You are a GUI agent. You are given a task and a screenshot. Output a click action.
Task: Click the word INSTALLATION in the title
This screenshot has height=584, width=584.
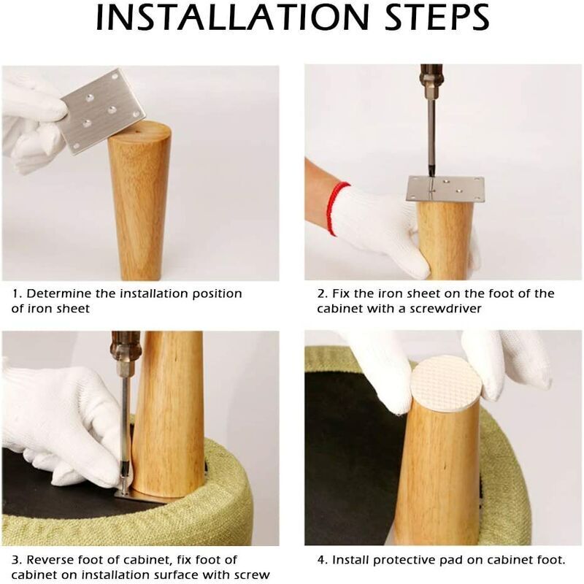click(x=231, y=18)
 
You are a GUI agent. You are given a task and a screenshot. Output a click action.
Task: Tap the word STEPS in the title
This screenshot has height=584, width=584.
click(x=437, y=18)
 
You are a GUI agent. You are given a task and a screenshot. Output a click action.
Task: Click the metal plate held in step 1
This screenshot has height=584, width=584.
click(x=103, y=111)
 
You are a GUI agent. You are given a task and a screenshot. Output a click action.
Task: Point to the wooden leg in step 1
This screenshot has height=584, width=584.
click(x=139, y=201)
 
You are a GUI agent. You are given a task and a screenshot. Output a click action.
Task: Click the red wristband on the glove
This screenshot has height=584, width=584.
click(x=336, y=208)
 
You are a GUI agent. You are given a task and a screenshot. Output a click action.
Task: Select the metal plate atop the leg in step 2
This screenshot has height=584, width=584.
click(x=445, y=190)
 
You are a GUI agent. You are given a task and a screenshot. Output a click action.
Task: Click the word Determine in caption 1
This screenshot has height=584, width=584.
click(x=59, y=293)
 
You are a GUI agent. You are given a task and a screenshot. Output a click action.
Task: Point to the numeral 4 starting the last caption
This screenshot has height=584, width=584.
click(x=321, y=560)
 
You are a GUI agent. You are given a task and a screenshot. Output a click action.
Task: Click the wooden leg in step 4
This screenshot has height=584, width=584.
click(x=439, y=473)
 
